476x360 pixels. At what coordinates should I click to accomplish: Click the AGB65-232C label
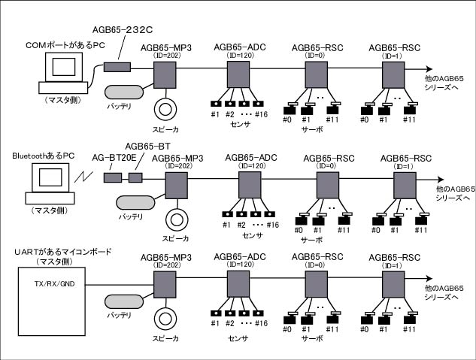[x=123, y=30]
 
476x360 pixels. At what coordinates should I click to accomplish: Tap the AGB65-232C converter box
[x=117, y=67]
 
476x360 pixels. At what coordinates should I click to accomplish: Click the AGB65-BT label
[x=147, y=147]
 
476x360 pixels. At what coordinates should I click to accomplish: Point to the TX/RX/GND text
[x=54, y=284]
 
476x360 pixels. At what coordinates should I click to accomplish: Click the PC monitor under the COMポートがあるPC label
[x=64, y=67]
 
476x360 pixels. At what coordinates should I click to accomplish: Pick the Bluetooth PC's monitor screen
[x=50, y=177]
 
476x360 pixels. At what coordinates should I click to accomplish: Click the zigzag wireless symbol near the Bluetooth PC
[x=83, y=177]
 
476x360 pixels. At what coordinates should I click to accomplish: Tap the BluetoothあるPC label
[x=44, y=156]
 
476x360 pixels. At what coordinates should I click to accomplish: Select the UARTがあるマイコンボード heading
[x=63, y=252]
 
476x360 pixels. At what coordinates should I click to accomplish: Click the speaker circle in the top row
[x=165, y=110]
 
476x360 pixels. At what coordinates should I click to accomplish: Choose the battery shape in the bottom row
[x=124, y=301]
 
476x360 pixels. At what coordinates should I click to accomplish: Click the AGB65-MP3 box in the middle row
[x=177, y=186]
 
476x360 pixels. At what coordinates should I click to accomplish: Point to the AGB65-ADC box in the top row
[x=238, y=74]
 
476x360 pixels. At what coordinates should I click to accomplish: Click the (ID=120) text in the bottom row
[x=240, y=265]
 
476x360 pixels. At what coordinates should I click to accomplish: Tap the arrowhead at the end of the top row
[x=429, y=69]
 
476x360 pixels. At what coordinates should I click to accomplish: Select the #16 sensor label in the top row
[x=262, y=114]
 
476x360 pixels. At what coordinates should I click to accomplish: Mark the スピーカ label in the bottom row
[x=165, y=338]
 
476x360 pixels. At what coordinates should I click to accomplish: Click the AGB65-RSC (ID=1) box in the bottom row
[x=393, y=284]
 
